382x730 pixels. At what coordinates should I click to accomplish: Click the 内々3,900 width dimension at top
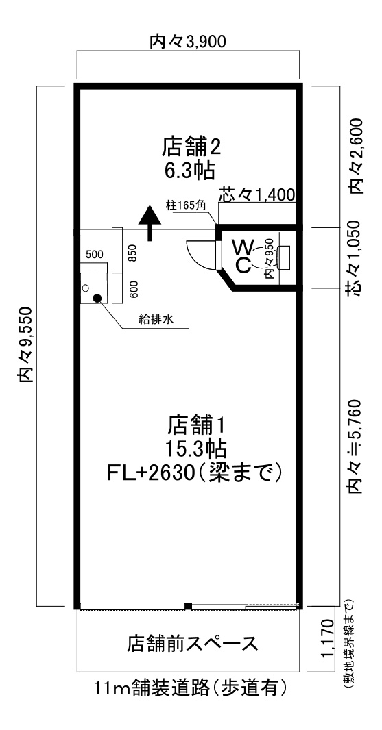coord(188,42)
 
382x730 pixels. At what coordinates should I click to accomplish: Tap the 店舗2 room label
coord(191,147)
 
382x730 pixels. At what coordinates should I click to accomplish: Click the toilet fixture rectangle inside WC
coord(284,256)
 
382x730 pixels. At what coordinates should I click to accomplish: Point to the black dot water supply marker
coord(98,298)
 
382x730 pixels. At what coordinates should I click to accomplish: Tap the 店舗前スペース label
coord(192,644)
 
